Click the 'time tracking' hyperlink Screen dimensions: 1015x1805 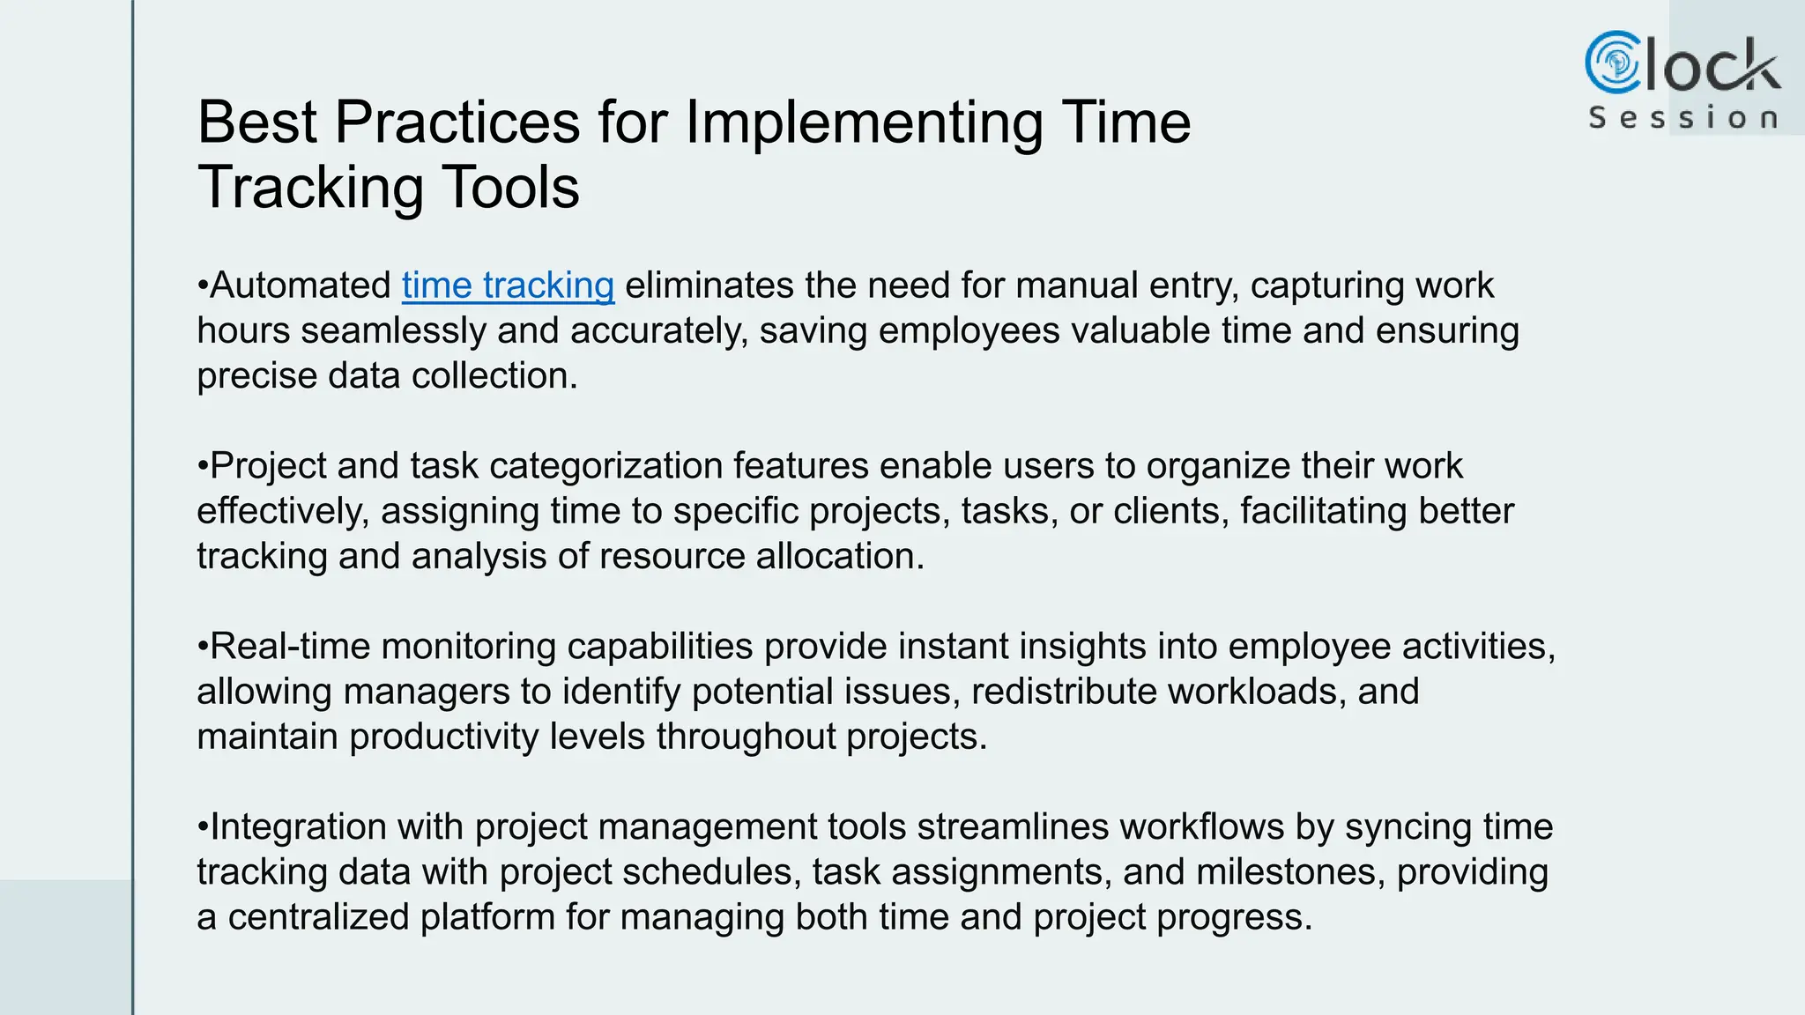[x=508, y=286]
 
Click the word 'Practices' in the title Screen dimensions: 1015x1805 [x=457, y=122]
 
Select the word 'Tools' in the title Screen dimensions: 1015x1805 [x=510, y=188]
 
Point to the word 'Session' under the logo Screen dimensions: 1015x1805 [x=1682, y=118]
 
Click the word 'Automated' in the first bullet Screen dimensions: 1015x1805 [x=300, y=286]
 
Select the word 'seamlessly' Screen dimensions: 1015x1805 [x=393, y=331]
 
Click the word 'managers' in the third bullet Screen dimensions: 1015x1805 [x=426, y=692]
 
